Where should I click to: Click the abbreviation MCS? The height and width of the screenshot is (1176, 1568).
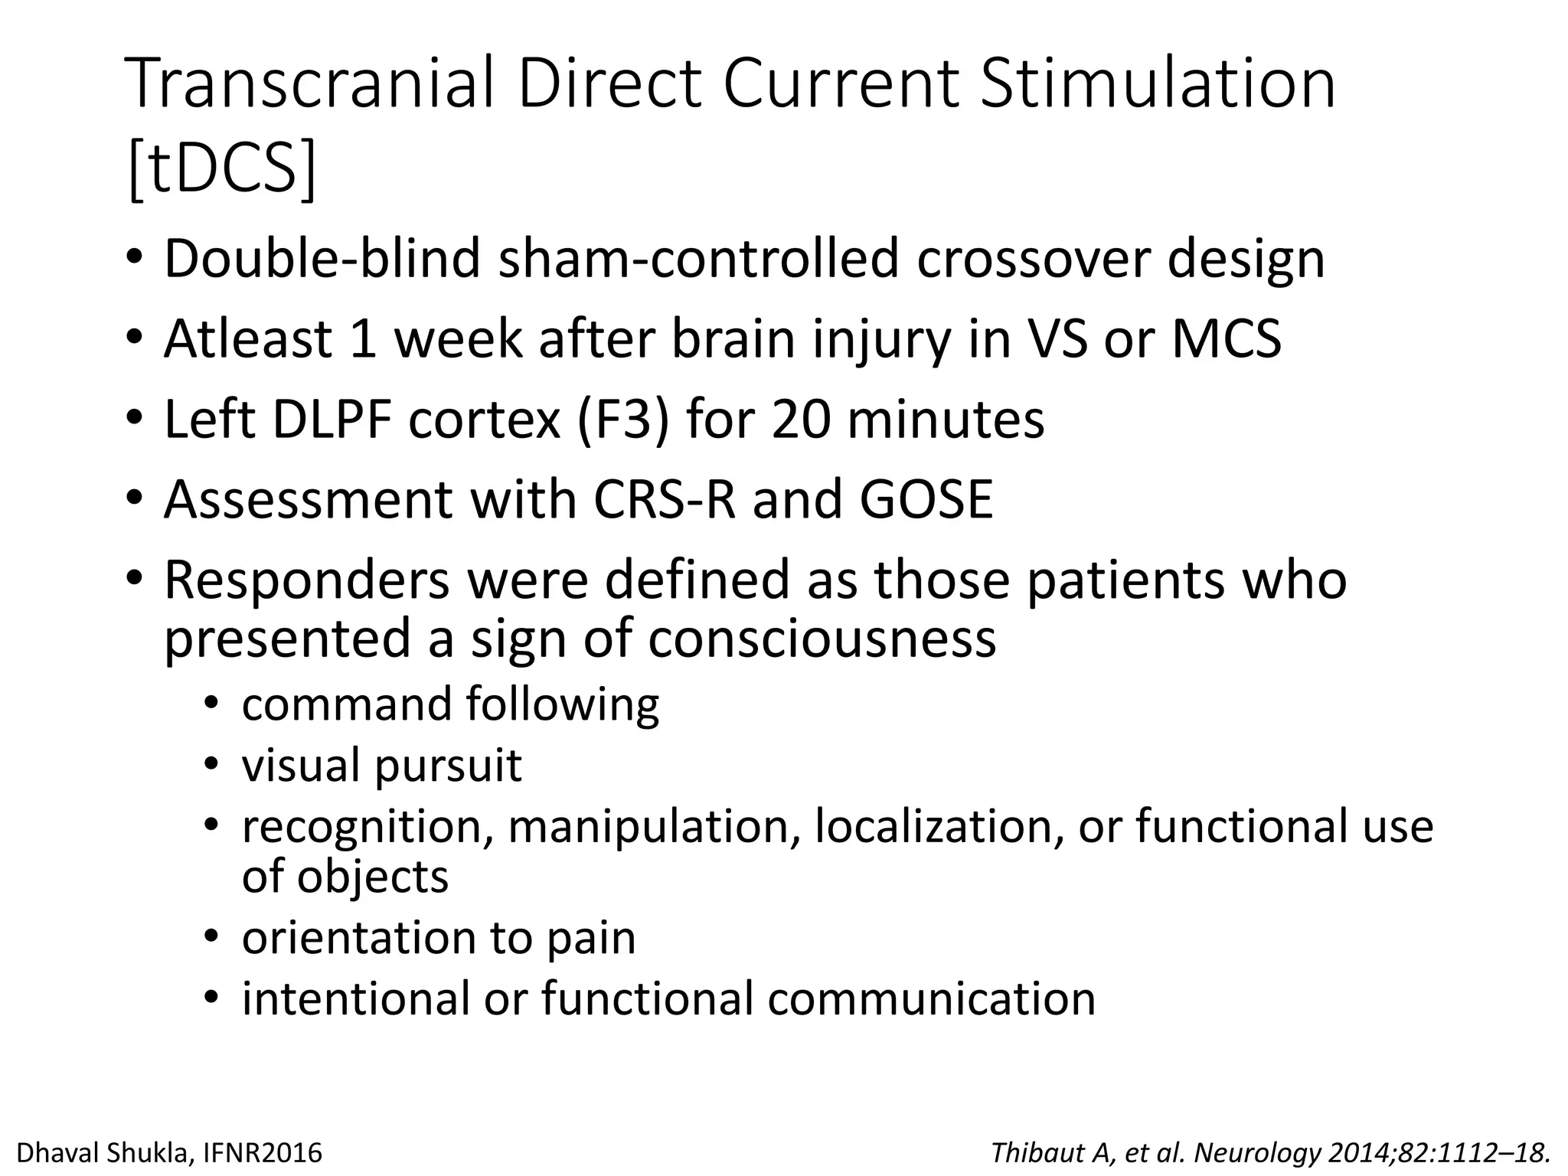(x=1227, y=339)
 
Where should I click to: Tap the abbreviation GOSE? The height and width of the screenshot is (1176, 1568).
(x=926, y=500)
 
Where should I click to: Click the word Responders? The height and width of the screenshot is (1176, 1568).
(x=306, y=580)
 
